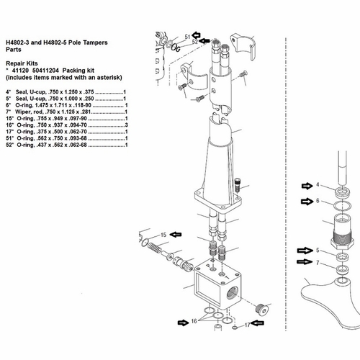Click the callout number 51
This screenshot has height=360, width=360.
click(187, 36)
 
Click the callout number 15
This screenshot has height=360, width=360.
click(163, 235)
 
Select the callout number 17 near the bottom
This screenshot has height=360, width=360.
click(247, 325)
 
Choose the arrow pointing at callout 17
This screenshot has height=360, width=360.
click(261, 325)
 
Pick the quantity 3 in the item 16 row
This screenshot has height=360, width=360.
click(126, 126)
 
